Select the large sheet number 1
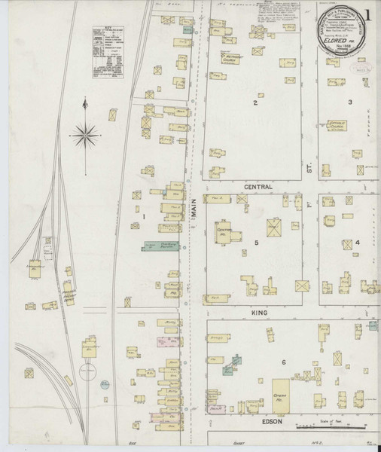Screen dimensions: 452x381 point(368,16)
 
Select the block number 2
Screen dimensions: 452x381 point(255,102)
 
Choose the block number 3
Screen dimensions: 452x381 point(350,102)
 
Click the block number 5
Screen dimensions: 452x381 point(256,243)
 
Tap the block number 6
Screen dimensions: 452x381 point(284,363)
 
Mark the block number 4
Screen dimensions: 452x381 point(358,243)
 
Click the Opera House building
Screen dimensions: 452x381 point(282,396)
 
